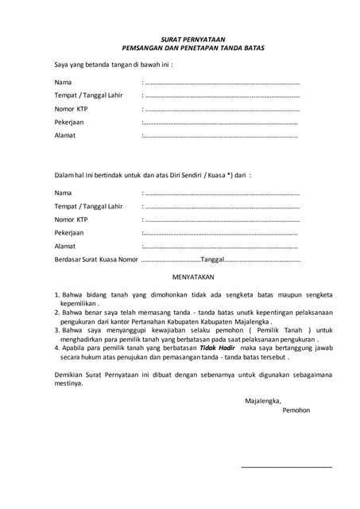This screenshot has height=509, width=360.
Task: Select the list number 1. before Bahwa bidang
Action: [x=57, y=294]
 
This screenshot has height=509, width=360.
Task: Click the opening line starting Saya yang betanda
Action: [x=113, y=64]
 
